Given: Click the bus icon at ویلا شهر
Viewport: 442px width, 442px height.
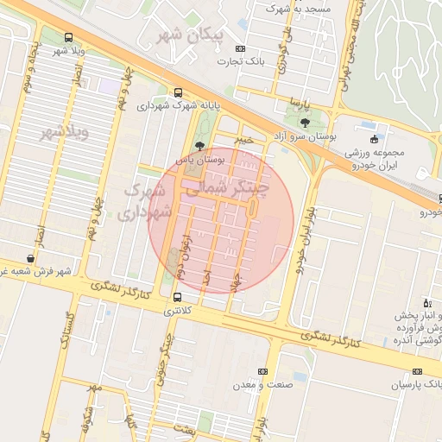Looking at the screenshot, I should point(68,37).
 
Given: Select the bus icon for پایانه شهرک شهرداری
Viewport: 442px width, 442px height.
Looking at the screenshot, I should point(178,92).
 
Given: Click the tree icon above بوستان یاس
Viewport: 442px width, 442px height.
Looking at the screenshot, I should point(200,146).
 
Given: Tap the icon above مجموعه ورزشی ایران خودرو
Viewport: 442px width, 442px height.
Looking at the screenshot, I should point(373,139).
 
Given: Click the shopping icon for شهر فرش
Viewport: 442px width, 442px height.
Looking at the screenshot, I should point(31,258).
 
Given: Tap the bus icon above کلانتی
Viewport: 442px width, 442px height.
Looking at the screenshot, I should point(178,298).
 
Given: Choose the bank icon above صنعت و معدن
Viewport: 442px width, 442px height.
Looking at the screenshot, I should point(262,371).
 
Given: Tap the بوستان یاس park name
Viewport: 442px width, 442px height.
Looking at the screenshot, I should point(200,160).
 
